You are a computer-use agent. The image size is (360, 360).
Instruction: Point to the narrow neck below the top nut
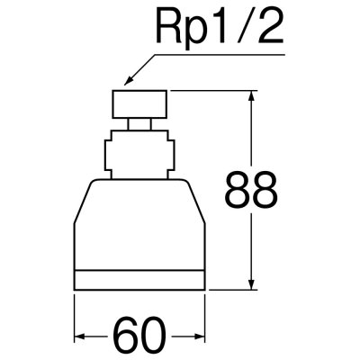point(144,123)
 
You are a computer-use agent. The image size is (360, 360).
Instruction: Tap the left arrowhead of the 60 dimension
point(79,337)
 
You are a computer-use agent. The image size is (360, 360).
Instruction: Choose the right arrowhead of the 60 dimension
point(209,337)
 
